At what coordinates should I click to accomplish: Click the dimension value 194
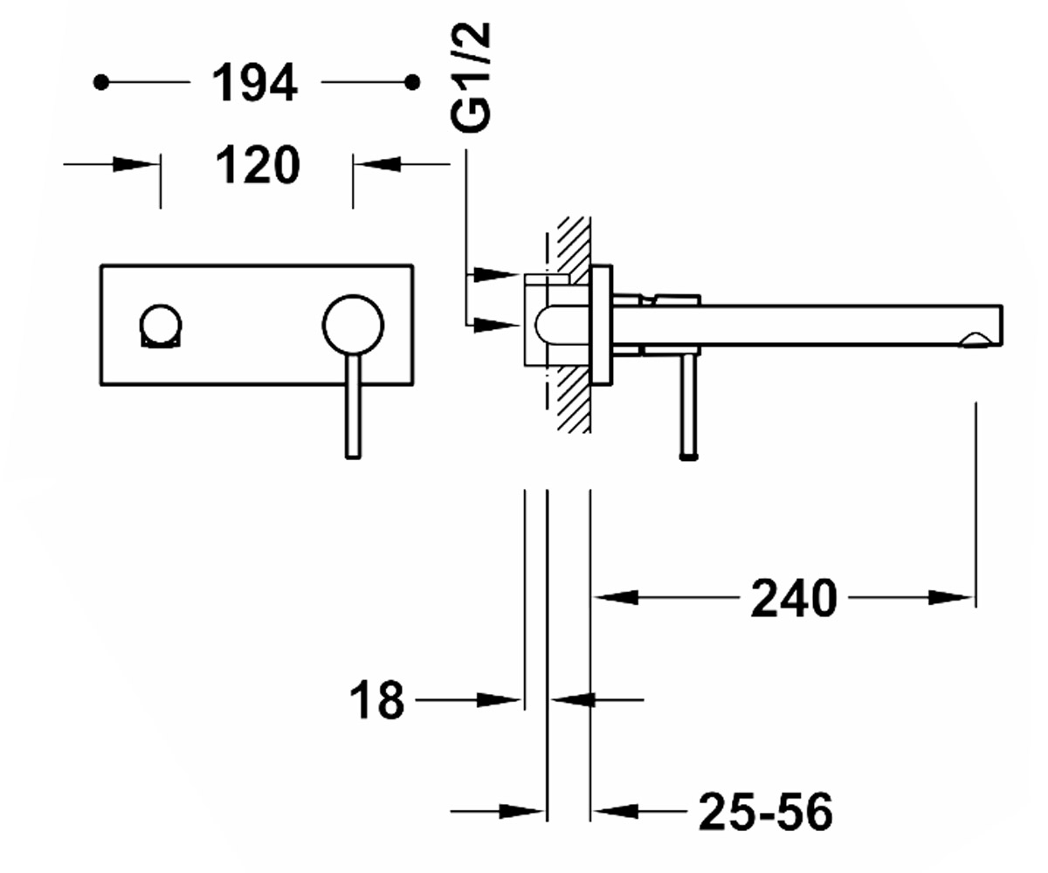(255, 83)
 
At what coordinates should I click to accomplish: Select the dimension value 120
(258, 165)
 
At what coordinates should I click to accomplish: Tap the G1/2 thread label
(471, 78)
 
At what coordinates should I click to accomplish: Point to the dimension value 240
(794, 598)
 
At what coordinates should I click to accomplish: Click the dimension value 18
(376, 700)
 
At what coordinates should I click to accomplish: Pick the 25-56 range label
(765, 812)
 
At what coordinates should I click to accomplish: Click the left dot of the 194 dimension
(101, 83)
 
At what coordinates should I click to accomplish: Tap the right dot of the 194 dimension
(412, 83)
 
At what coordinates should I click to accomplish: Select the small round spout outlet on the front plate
(161, 325)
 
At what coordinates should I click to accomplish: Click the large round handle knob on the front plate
(354, 325)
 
